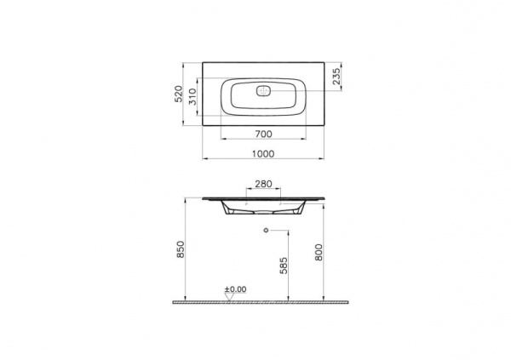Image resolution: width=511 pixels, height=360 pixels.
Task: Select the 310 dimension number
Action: [193, 97]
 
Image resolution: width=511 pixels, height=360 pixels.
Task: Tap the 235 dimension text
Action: [336, 76]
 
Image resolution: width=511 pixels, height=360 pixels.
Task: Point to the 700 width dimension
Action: [263, 134]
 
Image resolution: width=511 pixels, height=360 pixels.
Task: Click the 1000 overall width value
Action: [263, 154]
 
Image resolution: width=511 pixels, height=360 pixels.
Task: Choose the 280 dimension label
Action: [263, 184]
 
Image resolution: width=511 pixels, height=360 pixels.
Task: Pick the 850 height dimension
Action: [181, 249]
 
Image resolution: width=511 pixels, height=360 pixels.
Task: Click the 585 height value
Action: [284, 266]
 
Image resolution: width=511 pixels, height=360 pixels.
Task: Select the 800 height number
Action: [319, 252]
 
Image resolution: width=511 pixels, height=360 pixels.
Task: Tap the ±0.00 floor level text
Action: [235, 289]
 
